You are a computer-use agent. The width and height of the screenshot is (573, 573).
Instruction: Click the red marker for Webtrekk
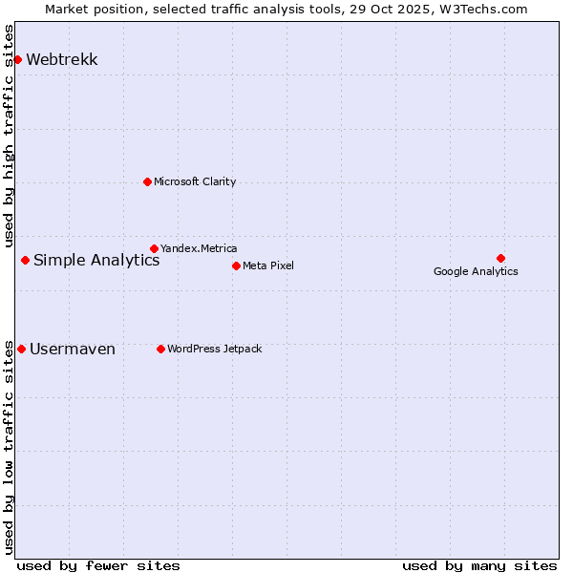pyautogui.click(x=17, y=59)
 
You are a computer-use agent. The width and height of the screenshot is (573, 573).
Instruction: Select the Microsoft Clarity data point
pyautogui.click(x=147, y=181)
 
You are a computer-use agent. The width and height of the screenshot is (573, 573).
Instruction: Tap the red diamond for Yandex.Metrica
pyautogui.click(x=154, y=248)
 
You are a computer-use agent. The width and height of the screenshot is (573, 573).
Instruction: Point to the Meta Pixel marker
pyautogui.click(x=236, y=265)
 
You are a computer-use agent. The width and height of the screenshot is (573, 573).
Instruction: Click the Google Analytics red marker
pyautogui.click(x=500, y=258)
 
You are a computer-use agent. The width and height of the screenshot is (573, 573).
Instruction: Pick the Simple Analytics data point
pyautogui.click(x=25, y=260)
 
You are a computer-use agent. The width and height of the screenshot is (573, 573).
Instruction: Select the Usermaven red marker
pyautogui.click(x=21, y=349)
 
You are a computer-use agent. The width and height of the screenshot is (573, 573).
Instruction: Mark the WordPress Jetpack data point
pyautogui.click(x=160, y=349)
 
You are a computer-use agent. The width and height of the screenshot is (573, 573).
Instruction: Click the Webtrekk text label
pyautogui.click(x=62, y=59)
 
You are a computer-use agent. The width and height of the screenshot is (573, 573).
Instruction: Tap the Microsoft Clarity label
pyautogui.click(x=195, y=181)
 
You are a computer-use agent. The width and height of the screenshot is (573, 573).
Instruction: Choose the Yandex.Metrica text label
pyautogui.click(x=199, y=248)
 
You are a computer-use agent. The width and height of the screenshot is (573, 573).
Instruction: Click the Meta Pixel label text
pyautogui.click(x=268, y=265)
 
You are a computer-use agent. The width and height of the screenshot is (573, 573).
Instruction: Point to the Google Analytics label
pyautogui.click(x=476, y=271)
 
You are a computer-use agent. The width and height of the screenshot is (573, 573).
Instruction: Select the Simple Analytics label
pyautogui.click(x=96, y=260)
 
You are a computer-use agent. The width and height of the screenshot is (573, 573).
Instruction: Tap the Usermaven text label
pyautogui.click(x=73, y=349)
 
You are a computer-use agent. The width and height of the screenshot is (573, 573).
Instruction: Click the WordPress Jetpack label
pyautogui.click(x=214, y=349)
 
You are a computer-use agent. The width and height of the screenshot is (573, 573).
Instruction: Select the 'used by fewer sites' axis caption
pyautogui.click(x=98, y=565)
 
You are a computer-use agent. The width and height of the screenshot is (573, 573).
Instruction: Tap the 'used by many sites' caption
pyautogui.click(x=479, y=565)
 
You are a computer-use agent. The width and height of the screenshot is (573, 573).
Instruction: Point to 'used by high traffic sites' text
pyautogui.click(x=10, y=134)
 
